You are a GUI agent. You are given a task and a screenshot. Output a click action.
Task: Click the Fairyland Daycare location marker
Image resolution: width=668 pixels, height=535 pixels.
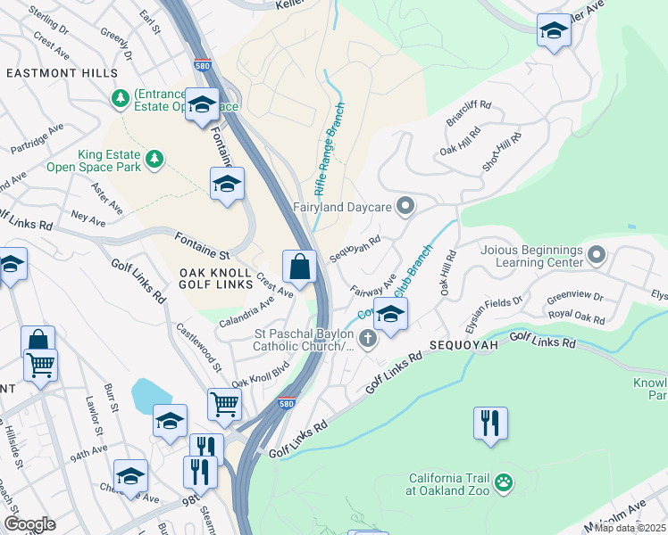pyautogui.click(x=405, y=207)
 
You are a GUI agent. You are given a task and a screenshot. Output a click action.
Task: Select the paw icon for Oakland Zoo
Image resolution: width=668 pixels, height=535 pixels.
pyautogui.click(x=505, y=483)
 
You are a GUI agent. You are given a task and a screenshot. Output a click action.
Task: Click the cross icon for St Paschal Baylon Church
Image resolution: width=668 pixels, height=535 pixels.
pyautogui.click(x=367, y=338)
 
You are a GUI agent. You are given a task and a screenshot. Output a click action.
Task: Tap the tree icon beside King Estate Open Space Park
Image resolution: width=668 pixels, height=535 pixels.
pyautogui.click(x=156, y=159)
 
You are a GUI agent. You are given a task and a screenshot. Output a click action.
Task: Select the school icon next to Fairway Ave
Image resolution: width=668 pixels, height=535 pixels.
pyautogui.click(x=390, y=314)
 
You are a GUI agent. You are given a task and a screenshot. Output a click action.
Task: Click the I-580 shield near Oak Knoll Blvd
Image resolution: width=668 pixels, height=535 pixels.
pyautogui.click(x=286, y=403)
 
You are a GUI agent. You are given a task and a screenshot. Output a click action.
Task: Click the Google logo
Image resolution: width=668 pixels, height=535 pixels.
pyautogui.click(x=29, y=523)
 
